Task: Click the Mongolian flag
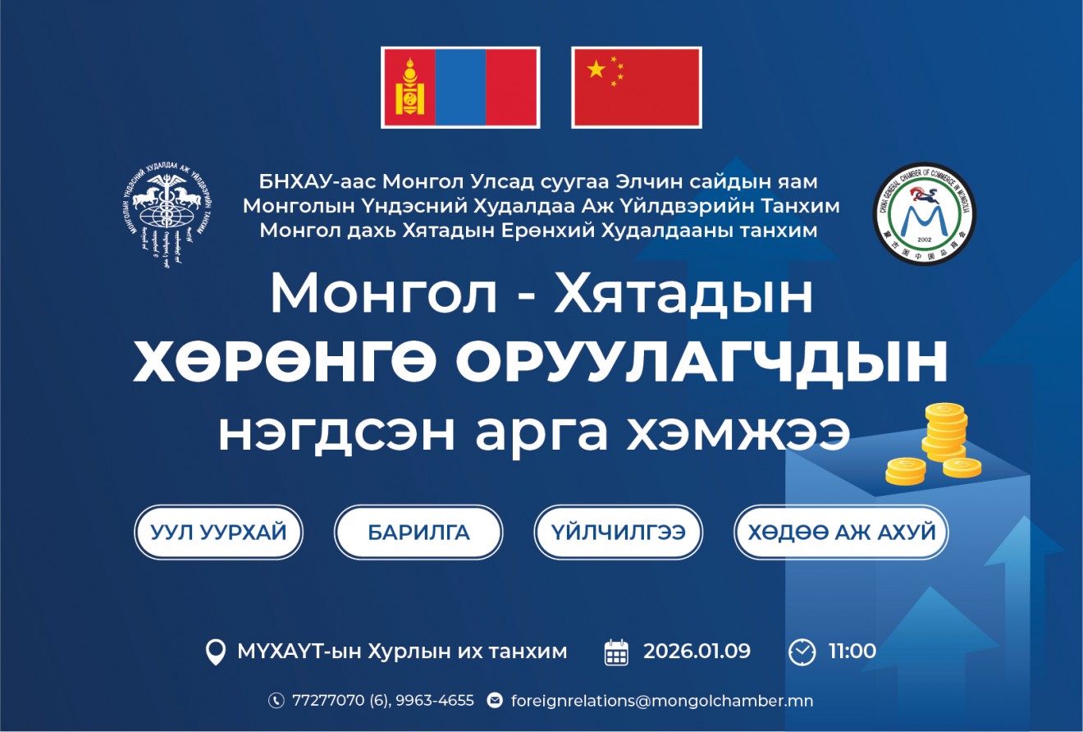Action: [x=460, y=87]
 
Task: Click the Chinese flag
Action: [x=636, y=87]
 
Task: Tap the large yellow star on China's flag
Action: [x=596, y=69]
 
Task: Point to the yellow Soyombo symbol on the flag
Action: [x=407, y=87]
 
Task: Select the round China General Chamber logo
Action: [x=924, y=213]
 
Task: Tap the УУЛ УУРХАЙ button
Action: [x=219, y=532]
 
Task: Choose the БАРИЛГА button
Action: [x=418, y=532]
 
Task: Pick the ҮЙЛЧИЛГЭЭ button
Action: [x=619, y=532]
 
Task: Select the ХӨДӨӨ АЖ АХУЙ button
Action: [x=841, y=532]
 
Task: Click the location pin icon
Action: [x=215, y=652]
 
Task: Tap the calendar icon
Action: [x=616, y=652]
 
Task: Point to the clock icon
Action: [x=802, y=652]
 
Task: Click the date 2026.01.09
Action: [x=697, y=652]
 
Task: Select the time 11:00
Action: [x=852, y=652]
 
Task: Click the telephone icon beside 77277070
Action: [x=276, y=701]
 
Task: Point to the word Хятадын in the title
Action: [x=683, y=294]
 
